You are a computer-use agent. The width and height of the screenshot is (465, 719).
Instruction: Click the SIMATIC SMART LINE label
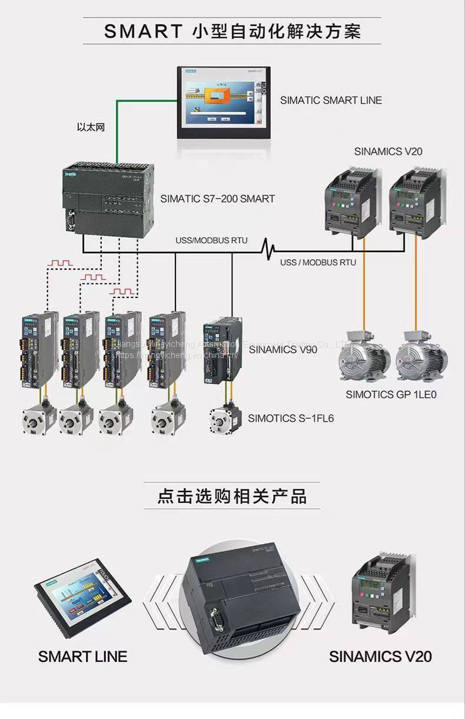coord(331,100)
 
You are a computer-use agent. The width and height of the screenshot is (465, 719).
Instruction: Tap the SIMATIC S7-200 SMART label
coord(217,199)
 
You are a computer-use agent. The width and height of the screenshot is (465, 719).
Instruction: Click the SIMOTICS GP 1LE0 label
coord(391,395)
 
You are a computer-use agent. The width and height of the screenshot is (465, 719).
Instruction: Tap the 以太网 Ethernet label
coord(91,127)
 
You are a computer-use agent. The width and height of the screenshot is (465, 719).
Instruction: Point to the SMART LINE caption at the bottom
coord(82,656)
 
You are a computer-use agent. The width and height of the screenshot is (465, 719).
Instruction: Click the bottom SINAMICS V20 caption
coord(380,656)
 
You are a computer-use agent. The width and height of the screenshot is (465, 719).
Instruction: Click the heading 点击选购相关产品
coord(232,496)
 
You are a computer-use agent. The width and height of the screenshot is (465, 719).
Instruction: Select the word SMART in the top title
coord(143,31)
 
